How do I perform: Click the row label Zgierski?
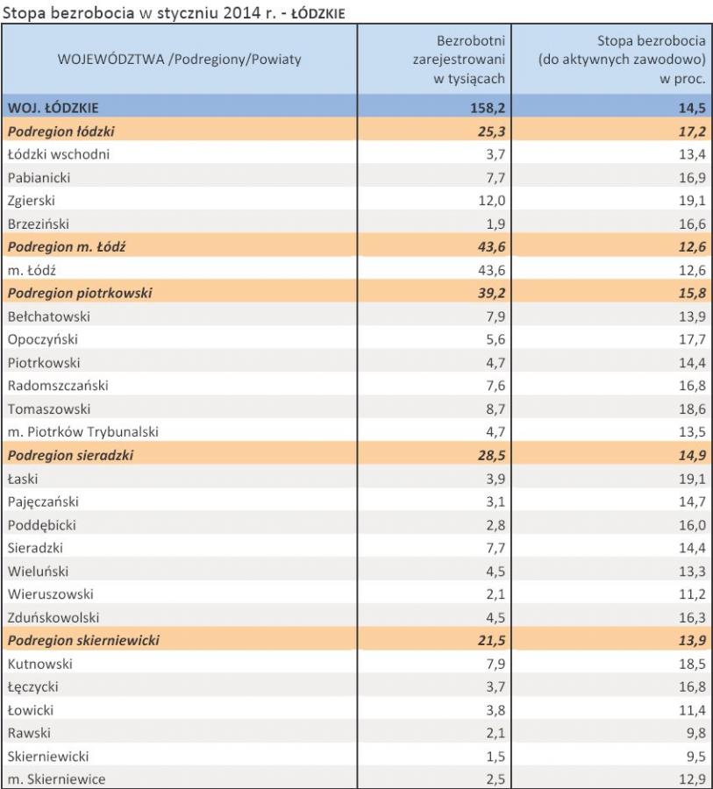tap(32, 200)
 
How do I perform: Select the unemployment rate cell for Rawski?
tap(695, 732)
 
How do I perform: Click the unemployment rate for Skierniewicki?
tap(695, 755)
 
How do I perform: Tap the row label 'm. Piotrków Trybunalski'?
tap(83, 430)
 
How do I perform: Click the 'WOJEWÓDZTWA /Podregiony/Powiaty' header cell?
tap(179, 60)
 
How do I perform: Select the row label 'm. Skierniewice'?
tap(56, 778)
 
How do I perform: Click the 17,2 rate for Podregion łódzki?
tap(693, 131)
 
